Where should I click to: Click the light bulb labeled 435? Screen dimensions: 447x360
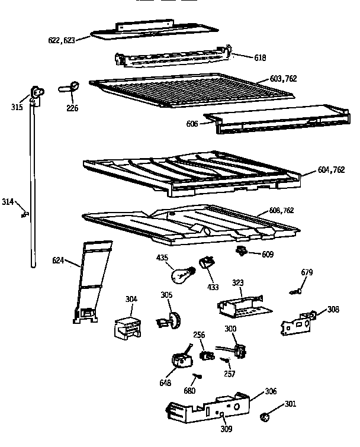click(180, 275)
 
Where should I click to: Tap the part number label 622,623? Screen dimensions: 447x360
click(61, 41)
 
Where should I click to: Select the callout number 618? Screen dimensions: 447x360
click(260, 58)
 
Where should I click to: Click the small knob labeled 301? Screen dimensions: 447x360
click(265, 417)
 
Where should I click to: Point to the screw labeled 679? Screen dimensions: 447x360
click(296, 291)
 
